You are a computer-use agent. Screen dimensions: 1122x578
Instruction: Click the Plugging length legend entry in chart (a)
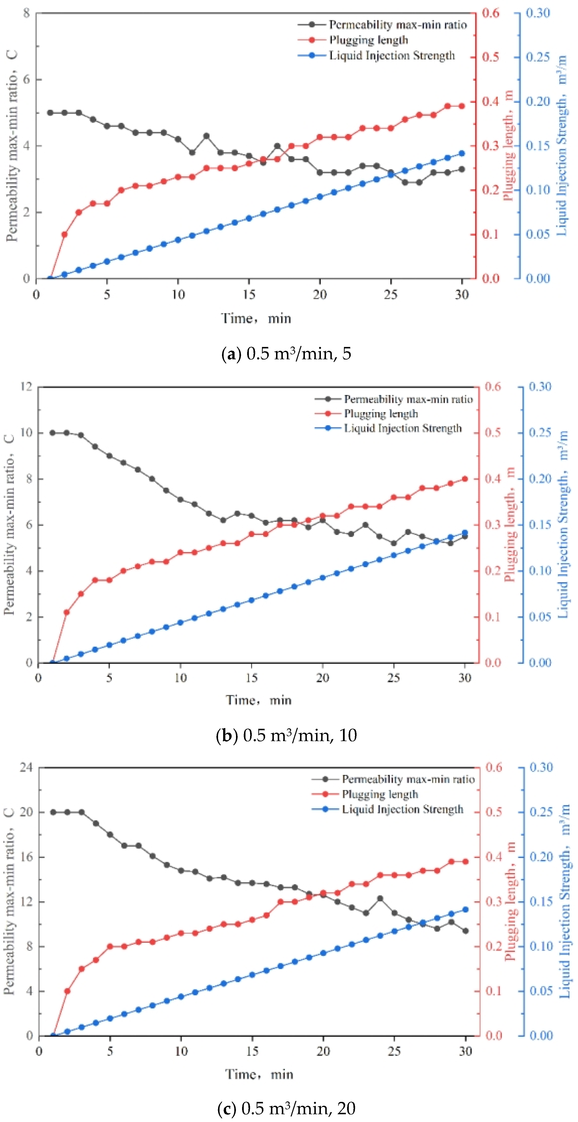(x=368, y=40)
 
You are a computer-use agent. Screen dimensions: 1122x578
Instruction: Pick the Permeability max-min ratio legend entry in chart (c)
(x=407, y=779)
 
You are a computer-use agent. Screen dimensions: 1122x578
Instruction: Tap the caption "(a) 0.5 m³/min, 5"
(x=286, y=353)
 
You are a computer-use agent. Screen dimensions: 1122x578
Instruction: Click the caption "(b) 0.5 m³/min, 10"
(x=286, y=735)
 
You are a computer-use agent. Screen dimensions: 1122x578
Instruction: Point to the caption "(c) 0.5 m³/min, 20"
(x=286, y=1108)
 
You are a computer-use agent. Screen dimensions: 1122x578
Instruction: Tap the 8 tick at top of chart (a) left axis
(x=27, y=13)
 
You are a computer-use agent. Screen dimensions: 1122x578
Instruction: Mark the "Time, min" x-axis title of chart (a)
(x=256, y=318)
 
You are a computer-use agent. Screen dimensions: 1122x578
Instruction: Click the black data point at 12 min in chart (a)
(x=206, y=136)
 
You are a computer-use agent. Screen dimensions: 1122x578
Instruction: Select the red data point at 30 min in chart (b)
(x=465, y=479)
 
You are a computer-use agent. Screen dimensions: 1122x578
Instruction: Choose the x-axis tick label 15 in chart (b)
(x=252, y=678)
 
